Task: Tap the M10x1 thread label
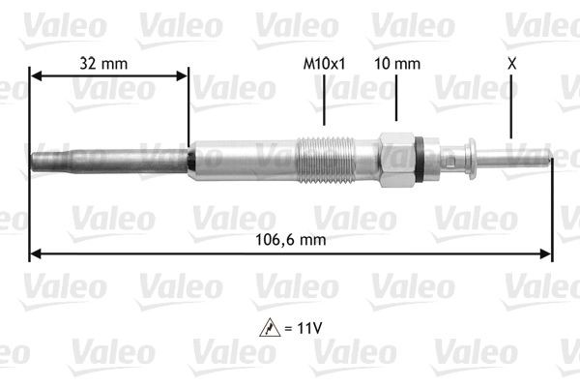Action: [x=325, y=64]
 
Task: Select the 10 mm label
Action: [x=397, y=64]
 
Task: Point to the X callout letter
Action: [x=510, y=64]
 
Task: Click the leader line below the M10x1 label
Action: [x=325, y=102]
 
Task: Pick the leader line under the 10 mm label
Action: [x=397, y=102]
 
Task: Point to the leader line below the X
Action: [x=510, y=106]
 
